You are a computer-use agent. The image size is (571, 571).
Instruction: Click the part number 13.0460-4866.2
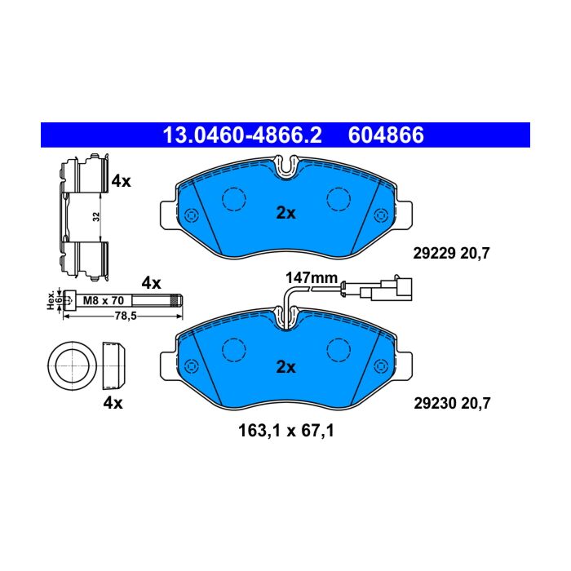[242, 135]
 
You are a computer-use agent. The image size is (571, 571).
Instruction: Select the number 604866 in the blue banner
[386, 135]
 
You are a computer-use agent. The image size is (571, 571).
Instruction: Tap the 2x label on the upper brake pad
[285, 213]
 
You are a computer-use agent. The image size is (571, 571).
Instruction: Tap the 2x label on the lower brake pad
[285, 367]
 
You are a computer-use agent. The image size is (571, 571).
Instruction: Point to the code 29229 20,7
[452, 253]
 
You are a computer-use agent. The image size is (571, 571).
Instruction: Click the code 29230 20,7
[452, 404]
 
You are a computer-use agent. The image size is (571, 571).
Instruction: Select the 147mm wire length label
[312, 278]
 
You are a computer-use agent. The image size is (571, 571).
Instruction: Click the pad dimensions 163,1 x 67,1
[286, 432]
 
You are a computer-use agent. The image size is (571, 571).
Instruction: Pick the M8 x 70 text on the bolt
[104, 300]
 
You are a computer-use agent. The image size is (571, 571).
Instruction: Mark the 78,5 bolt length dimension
[126, 316]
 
